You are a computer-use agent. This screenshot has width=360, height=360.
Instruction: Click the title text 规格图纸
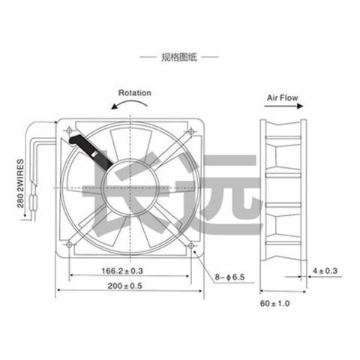click(x=179, y=56)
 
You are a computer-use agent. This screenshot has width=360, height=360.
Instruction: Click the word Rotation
click(x=135, y=93)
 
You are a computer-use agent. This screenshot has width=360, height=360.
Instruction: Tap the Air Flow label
click(x=284, y=97)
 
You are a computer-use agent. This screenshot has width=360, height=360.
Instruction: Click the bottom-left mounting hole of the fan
click(x=69, y=244)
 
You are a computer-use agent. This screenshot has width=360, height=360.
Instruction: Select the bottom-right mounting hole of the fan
click(x=192, y=244)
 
